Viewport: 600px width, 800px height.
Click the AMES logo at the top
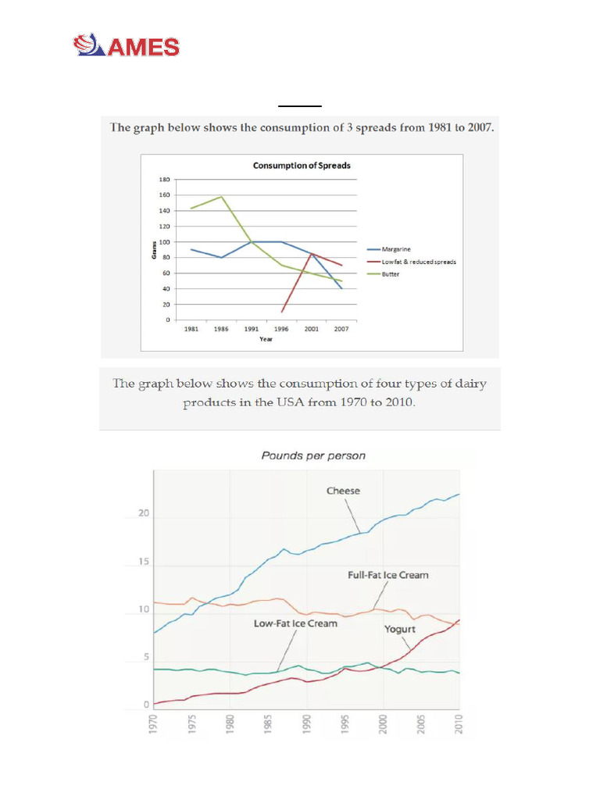click(127, 46)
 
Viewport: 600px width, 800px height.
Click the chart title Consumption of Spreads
click(301, 166)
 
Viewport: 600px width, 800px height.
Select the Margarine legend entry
click(396, 248)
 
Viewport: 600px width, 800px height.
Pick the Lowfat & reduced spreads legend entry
click(419, 262)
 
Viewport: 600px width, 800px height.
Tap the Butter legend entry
click(391, 274)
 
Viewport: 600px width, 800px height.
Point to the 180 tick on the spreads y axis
click(164, 180)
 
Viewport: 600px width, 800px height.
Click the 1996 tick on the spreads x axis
click(281, 329)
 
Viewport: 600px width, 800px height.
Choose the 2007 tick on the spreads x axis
click(341, 329)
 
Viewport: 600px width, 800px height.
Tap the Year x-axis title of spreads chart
click(266, 339)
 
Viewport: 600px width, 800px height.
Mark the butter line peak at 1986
click(222, 196)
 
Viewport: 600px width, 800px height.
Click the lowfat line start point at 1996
click(282, 312)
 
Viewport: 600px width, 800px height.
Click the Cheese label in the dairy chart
click(343, 491)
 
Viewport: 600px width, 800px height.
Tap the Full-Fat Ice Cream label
click(388, 575)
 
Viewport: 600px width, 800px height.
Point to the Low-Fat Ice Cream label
click(295, 623)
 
